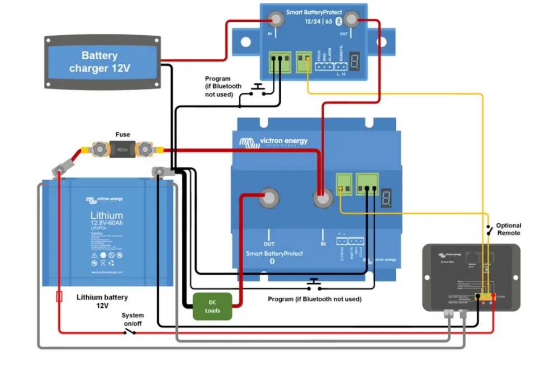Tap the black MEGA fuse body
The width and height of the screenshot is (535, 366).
click(x=122, y=149)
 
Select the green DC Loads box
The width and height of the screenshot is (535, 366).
click(x=212, y=306)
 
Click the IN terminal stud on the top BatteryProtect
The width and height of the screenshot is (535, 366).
click(x=276, y=21)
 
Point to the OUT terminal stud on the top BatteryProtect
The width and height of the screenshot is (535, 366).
click(x=351, y=21)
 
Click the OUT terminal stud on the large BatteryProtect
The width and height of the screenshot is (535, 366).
click(x=269, y=198)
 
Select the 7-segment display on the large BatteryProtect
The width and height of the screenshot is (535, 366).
click(x=386, y=197)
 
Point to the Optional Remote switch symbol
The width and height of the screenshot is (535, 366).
click(x=489, y=229)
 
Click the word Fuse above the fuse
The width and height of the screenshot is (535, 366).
click(x=122, y=134)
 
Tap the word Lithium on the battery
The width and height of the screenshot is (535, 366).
click(x=106, y=215)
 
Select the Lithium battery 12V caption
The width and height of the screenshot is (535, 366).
click(x=102, y=301)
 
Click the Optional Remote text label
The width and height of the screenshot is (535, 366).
click(x=508, y=229)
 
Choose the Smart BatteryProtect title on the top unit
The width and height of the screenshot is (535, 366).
click(x=313, y=12)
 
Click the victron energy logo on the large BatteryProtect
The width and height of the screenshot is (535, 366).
click(x=273, y=142)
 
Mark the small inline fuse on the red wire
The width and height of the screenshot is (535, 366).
click(x=59, y=296)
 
